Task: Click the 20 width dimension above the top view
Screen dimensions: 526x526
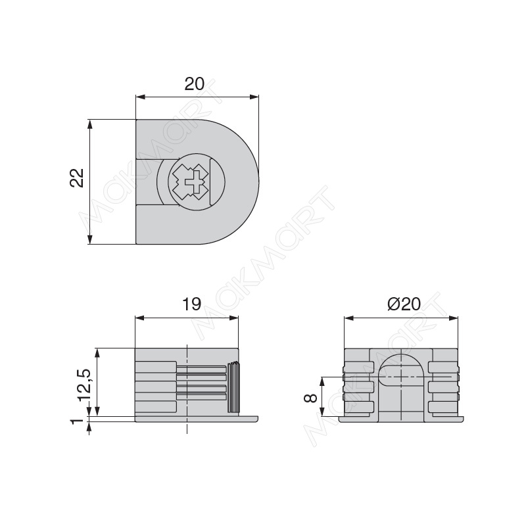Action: point(194,84)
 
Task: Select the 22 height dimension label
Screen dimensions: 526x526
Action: point(76,178)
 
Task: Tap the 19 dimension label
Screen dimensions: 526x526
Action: point(191,304)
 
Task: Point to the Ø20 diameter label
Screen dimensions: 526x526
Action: point(404,304)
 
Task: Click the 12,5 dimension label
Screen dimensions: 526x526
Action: point(84,385)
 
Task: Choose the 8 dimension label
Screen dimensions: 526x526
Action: point(310,398)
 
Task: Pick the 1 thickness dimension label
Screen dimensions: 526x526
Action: point(77,421)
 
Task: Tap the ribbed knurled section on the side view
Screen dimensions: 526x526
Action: point(234,387)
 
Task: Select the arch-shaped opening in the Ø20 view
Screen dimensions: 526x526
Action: point(401,369)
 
